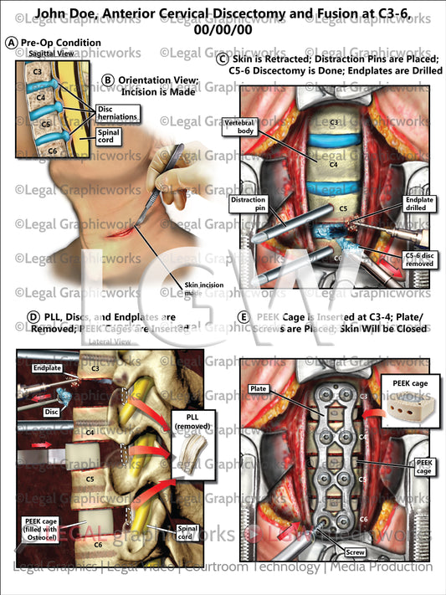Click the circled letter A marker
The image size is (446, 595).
click(x=10, y=43)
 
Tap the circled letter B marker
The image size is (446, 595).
click(x=108, y=80)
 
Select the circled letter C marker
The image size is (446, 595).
click(x=221, y=59)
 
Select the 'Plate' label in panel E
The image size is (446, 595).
click(x=258, y=388)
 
